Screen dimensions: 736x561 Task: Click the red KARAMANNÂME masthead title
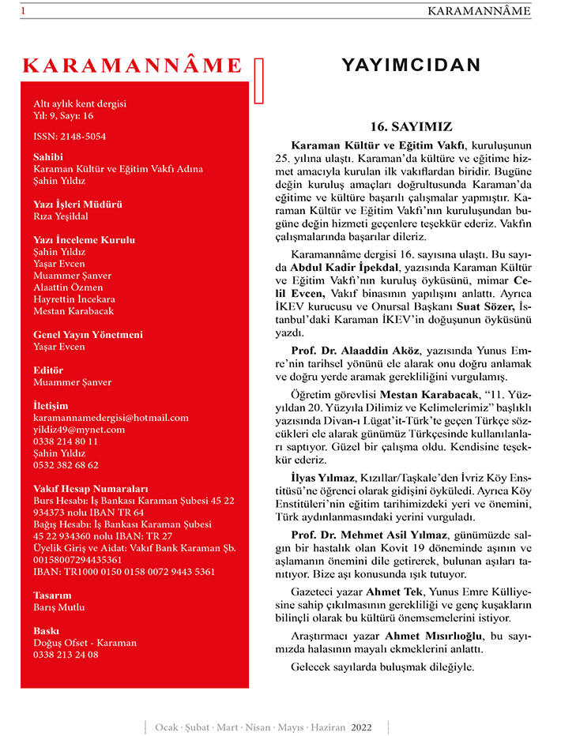tap(133, 65)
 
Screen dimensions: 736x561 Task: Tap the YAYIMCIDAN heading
tap(410, 65)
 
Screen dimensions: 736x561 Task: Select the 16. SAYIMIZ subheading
tap(411, 126)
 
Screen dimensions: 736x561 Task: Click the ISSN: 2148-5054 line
tap(70, 137)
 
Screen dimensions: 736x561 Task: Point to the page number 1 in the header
tap(24, 11)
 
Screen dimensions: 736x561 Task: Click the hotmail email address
tap(111, 418)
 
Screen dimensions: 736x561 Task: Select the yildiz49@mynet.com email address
tap(79, 430)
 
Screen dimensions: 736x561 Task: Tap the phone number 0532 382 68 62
tap(66, 465)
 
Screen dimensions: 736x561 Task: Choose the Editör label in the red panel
tap(48, 370)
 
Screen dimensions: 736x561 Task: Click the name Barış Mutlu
tap(58, 607)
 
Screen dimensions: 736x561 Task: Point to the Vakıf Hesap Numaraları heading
tap(90, 489)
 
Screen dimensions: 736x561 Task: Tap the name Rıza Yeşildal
tap(61, 216)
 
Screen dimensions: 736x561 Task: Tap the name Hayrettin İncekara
tap(74, 299)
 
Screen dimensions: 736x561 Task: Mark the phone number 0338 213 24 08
tap(66, 655)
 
